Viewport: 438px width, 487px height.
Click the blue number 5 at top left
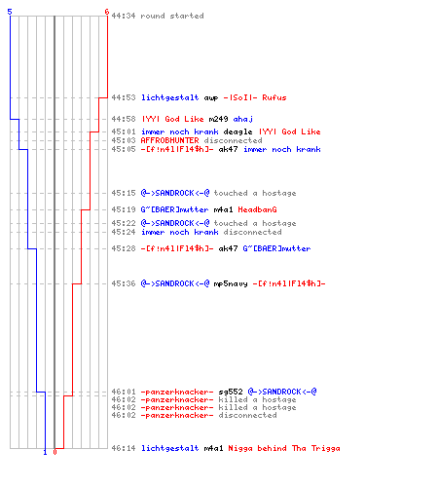(10, 12)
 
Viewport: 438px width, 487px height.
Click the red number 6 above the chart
(107, 12)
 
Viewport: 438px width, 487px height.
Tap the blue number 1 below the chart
(45, 452)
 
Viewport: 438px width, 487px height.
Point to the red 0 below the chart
(55, 452)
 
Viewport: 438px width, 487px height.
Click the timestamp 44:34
(124, 16)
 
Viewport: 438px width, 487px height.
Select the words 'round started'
(172, 16)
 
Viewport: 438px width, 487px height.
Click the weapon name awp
(211, 97)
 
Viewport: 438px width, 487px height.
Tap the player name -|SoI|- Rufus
(255, 97)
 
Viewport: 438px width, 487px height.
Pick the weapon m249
(218, 119)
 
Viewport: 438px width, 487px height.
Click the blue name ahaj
(243, 120)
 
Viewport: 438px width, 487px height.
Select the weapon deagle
(237, 131)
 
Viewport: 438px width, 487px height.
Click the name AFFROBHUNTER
(169, 140)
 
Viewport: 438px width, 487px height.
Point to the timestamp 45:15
(124, 193)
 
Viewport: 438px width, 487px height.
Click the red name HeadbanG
(257, 209)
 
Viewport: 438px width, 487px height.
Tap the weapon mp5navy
(231, 283)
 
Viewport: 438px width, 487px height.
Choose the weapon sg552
(231, 392)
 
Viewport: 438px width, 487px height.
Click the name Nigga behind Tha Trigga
(284, 448)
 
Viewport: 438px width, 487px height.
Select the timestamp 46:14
(124, 448)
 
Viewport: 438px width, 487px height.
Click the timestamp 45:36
(124, 283)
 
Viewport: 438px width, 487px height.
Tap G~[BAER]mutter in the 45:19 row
(174, 209)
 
